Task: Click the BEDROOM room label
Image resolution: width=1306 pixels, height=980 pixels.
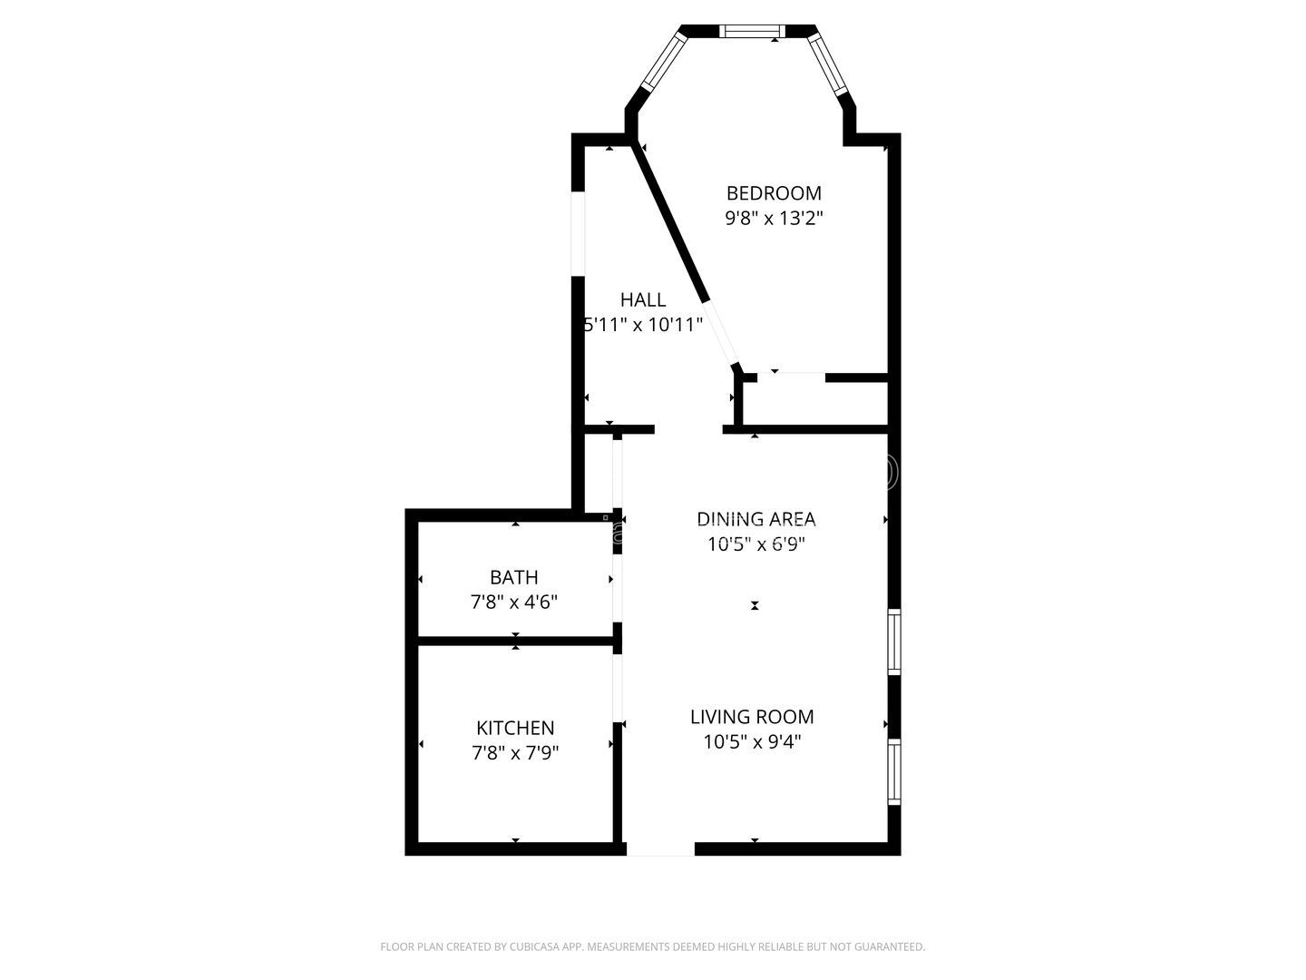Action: (x=774, y=193)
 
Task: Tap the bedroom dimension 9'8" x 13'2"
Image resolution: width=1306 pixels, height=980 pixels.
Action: (x=774, y=219)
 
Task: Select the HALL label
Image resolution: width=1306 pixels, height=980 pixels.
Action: (x=643, y=299)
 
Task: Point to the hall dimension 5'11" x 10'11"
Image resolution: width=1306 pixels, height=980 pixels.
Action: (x=643, y=325)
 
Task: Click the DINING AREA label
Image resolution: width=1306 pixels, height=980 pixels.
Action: (x=756, y=519)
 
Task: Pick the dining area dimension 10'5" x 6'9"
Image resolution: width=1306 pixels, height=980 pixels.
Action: (x=756, y=544)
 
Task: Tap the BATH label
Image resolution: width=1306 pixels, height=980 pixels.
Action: (x=514, y=577)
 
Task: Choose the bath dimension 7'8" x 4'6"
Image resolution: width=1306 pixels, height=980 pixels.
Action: (x=514, y=602)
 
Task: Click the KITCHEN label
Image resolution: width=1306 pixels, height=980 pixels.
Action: (x=515, y=728)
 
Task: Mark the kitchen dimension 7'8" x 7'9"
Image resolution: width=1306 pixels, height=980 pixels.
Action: (x=515, y=752)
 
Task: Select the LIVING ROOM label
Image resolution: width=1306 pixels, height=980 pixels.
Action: (x=752, y=717)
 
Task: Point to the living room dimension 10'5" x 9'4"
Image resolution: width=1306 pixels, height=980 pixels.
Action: (x=752, y=741)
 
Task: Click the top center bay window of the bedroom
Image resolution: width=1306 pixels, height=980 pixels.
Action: (x=752, y=31)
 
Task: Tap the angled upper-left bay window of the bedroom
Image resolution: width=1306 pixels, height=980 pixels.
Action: (x=662, y=63)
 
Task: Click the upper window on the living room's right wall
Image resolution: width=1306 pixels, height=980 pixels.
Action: (x=894, y=642)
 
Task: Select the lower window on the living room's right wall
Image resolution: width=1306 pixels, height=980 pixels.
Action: (x=894, y=772)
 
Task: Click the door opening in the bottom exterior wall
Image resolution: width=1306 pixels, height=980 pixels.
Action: (x=660, y=849)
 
